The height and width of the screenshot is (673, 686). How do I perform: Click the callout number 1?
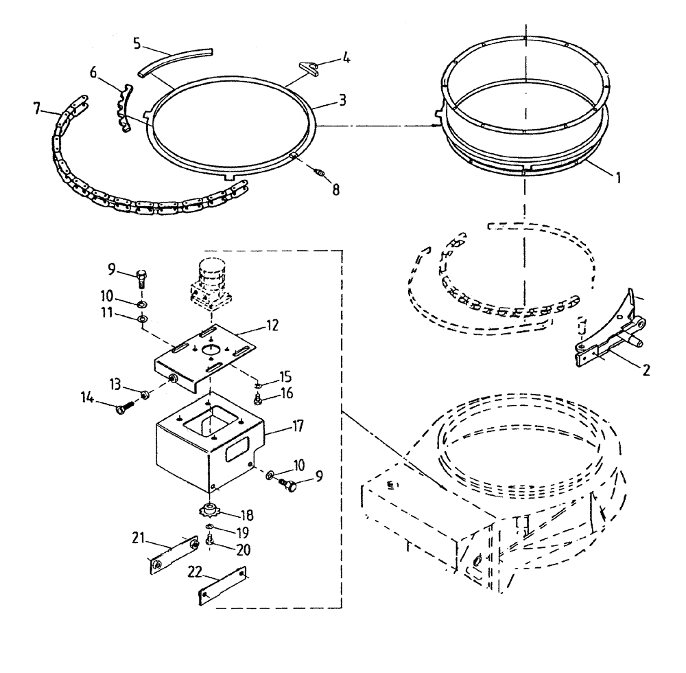617,176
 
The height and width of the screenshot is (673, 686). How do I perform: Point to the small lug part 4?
311,67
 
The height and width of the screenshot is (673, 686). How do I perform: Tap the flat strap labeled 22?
222,581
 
